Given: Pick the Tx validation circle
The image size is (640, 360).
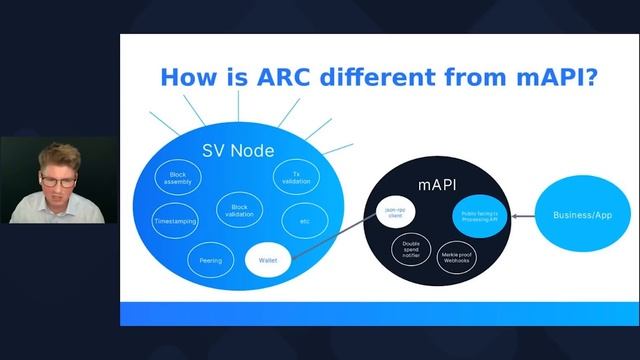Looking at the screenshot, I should (295, 179).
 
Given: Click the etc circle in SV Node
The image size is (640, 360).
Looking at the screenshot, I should (305, 219).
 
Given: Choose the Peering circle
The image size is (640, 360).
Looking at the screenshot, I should (209, 260).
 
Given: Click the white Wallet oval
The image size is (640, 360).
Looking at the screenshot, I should (267, 260).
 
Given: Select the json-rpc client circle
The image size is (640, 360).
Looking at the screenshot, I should (393, 211).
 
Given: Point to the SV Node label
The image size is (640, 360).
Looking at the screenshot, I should (240, 151).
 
